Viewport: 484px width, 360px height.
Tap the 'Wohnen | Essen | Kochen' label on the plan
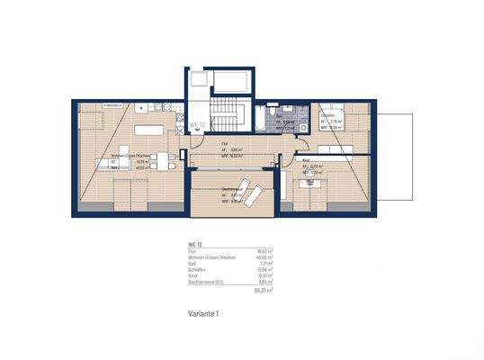(130, 156)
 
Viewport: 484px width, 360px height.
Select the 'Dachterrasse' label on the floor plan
(236, 187)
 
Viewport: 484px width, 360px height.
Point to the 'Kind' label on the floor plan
(306, 160)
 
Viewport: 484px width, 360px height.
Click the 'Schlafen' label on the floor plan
(328, 116)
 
